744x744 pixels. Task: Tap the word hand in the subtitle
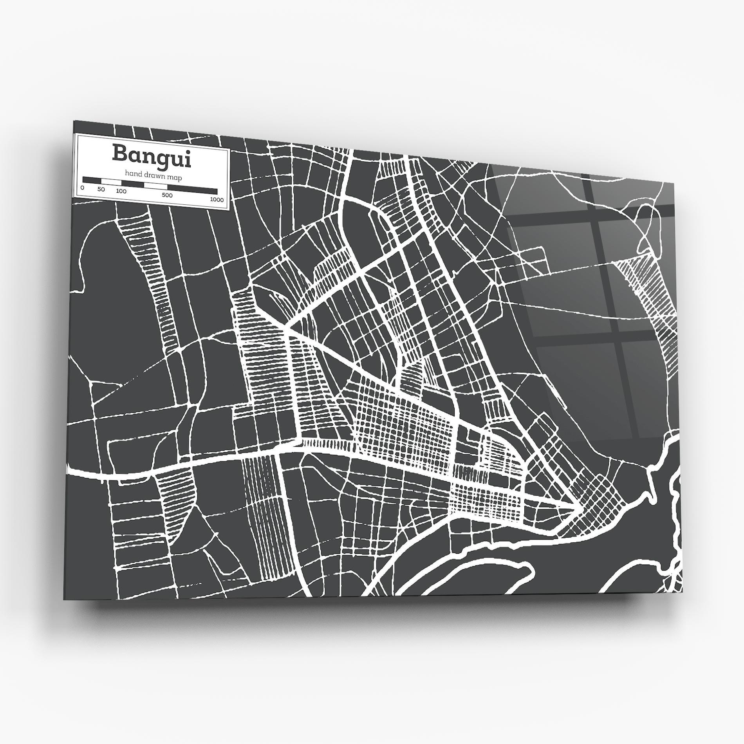tap(132, 173)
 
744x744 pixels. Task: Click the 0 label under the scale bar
tap(82, 188)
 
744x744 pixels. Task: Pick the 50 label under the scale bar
tap(101, 189)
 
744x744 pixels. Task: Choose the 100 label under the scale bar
tap(121, 191)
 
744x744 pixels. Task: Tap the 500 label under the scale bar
tap(167, 195)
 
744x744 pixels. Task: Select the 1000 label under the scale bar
tap(217, 200)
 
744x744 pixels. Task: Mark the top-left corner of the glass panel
tap(74, 121)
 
